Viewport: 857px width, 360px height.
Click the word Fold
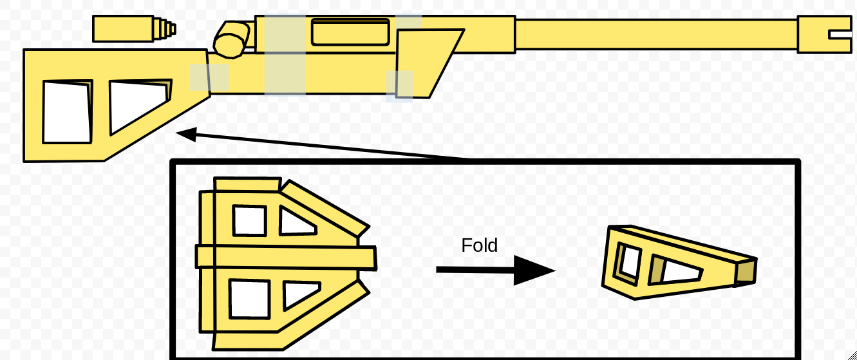tap(480, 245)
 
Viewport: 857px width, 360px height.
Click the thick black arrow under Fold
tap(496, 270)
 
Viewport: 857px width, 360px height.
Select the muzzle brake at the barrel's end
tap(824, 34)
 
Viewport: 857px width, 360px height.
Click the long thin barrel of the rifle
tap(657, 34)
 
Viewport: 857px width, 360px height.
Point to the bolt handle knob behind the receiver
tap(231, 40)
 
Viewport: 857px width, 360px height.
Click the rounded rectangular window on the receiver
tap(350, 32)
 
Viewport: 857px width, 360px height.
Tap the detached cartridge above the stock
tap(134, 29)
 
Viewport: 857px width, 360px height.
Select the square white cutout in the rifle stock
tap(68, 112)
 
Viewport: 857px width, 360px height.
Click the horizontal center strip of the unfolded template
tap(286, 258)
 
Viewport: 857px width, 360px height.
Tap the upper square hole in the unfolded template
tap(249, 221)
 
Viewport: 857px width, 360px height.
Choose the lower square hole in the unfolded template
tap(249, 299)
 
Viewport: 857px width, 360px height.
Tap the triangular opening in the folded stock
tap(681, 271)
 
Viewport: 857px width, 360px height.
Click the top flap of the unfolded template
tap(247, 184)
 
